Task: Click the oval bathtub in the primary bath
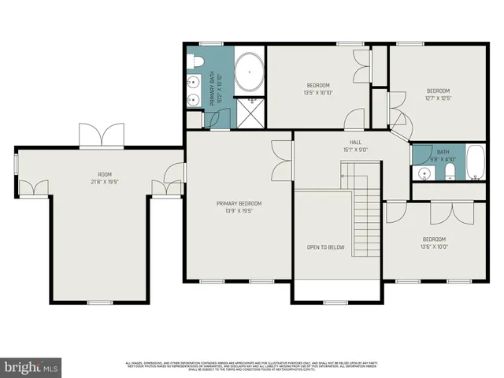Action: tap(249, 71)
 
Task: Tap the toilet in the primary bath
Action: tap(196, 60)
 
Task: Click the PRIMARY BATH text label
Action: tap(213, 88)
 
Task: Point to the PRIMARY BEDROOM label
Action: tap(239, 203)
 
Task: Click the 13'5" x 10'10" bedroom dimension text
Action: tap(318, 93)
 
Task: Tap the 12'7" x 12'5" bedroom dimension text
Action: tap(438, 98)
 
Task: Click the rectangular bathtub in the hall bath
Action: tap(475, 163)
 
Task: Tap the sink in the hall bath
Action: tap(422, 172)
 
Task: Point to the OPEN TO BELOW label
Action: tap(325, 247)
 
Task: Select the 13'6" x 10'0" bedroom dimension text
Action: tap(434, 246)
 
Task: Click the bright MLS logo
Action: tap(31, 367)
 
